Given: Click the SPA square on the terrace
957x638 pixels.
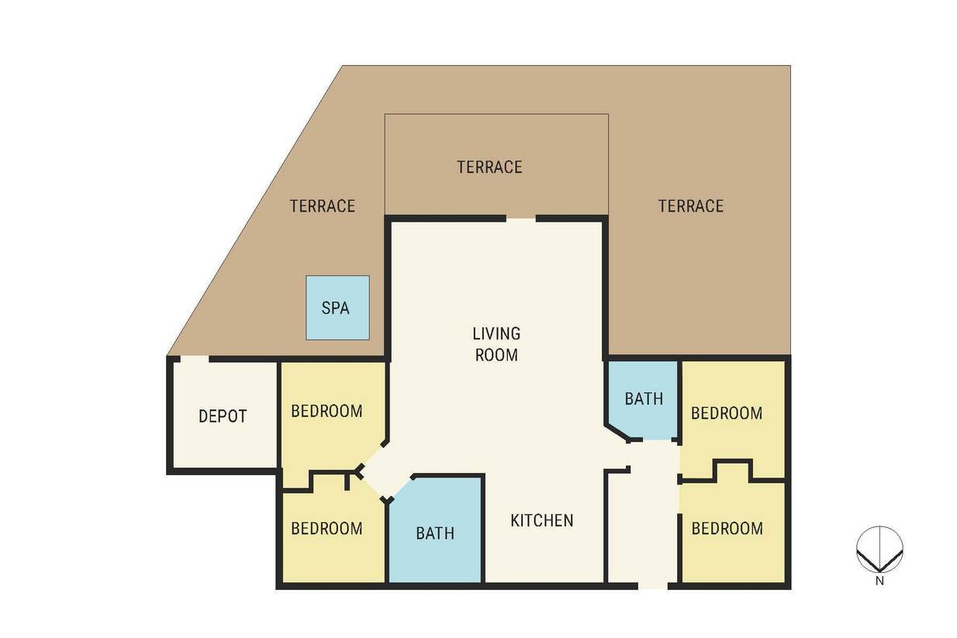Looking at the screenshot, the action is pos(337,308).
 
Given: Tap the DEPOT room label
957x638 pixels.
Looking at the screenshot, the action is pos(223,416).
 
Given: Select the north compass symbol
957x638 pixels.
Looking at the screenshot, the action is pos(879,549).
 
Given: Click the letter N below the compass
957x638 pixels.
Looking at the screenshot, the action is pos(879,581).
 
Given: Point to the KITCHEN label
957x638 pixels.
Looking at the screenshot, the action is pos(542,520).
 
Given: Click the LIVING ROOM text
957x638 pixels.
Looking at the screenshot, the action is pos(496,343).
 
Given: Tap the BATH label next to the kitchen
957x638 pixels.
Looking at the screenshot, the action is pos(435,533).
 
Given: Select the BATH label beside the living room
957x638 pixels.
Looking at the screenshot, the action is pos(644,398).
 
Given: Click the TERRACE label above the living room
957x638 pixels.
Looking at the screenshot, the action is pos(489,167).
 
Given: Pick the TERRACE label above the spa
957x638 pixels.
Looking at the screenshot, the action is pos(323,206).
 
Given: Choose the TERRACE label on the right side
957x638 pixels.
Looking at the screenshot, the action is pos(691,206).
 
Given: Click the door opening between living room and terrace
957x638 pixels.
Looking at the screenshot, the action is pos(521,219).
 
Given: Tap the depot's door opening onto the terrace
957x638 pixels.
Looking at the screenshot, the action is pos(195,359).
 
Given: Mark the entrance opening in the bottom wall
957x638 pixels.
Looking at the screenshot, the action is pos(653,586).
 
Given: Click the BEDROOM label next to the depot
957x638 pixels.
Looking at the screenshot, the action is pos(326,411).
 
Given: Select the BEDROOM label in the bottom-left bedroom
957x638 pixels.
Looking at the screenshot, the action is pos(326,528).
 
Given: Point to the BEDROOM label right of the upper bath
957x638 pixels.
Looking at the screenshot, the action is pos(727,413).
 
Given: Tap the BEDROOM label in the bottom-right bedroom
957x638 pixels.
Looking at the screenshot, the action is pos(727,528).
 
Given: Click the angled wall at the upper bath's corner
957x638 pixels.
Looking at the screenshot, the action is pos(617,432).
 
